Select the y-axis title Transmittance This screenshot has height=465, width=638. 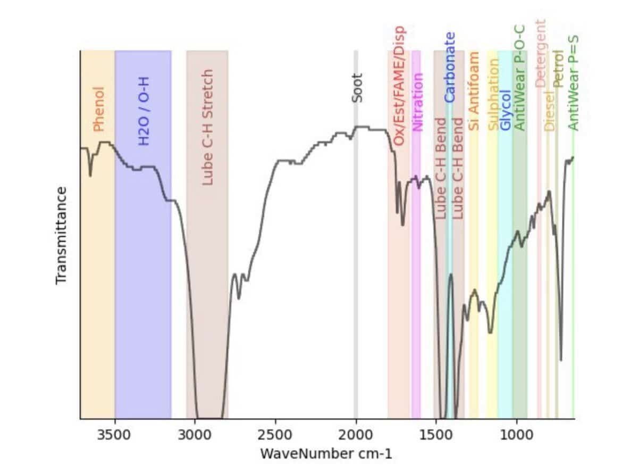click(x=62, y=235)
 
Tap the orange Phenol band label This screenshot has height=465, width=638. click(x=98, y=109)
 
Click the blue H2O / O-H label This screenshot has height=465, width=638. click(x=144, y=111)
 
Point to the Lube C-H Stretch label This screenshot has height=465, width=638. click(x=207, y=127)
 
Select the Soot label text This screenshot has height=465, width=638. click(x=357, y=88)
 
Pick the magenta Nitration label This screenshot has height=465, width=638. click(x=418, y=102)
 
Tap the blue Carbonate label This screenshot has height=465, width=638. click(x=450, y=68)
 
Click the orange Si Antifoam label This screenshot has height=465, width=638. click(x=474, y=91)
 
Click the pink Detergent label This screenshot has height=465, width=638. click(x=540, y=53)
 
